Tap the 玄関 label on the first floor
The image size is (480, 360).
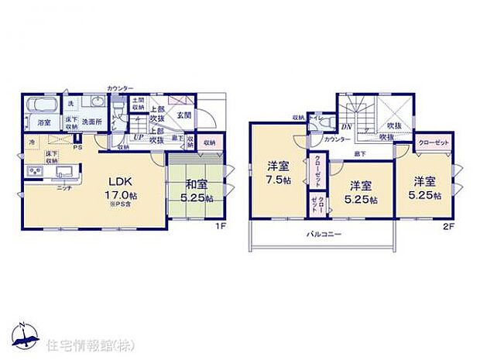pos(184,115)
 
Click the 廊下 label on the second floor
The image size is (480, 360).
pos(361,155)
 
